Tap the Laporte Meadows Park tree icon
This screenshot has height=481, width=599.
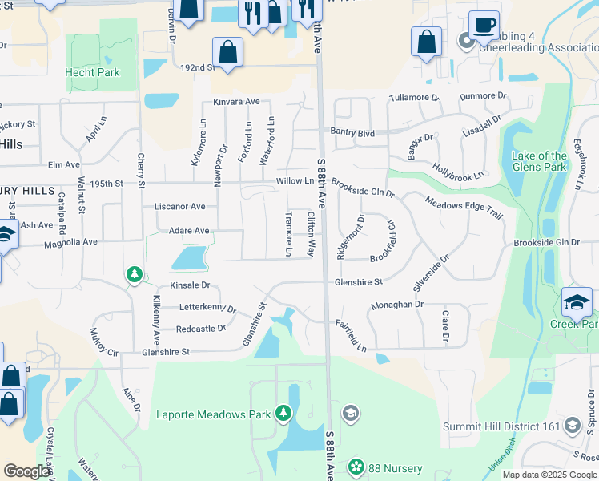(x=283, y=413)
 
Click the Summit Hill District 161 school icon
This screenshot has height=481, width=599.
(x=572, y=425)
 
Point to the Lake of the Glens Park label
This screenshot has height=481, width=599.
(x=540, y=162)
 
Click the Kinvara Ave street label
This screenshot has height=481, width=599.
(x=236, y=102)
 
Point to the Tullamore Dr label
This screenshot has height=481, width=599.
(x=414, y=98)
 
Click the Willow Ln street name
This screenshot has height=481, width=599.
(x=295, y=181)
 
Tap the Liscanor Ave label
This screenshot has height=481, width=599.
(x=185, y=206)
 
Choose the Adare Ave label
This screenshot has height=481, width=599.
(x=189, y=231)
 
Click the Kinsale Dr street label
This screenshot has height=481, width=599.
(x=190, y=285)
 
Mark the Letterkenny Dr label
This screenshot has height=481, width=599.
(x=207, y=307)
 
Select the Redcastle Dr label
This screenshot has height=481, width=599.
(x=201, y=329)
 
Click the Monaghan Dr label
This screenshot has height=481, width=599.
(x=397, y=305)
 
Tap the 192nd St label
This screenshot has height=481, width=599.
(x=199, y=68)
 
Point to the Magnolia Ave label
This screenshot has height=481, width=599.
(x=70, y=242)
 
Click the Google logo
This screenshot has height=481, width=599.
(x=26, y=471)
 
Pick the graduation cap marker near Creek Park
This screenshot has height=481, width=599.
(x=577, y=303)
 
